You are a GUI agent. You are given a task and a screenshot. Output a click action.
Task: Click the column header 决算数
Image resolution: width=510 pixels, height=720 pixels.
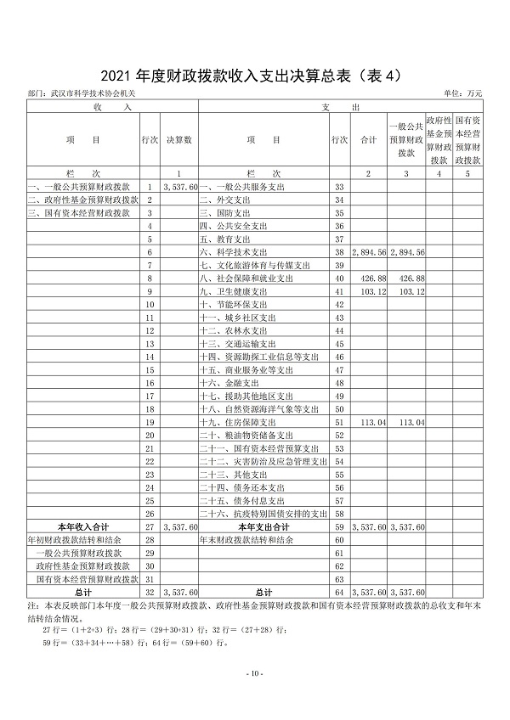click(x=179, y=139)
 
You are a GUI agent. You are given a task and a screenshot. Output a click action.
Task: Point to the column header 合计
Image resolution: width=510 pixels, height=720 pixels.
click(x=369, y=139)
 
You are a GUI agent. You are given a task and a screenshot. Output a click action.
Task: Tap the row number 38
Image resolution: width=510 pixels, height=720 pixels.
click(x=339, y=252)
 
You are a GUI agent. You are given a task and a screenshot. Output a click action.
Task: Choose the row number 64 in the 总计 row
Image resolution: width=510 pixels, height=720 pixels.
click(x=339, y=591)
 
